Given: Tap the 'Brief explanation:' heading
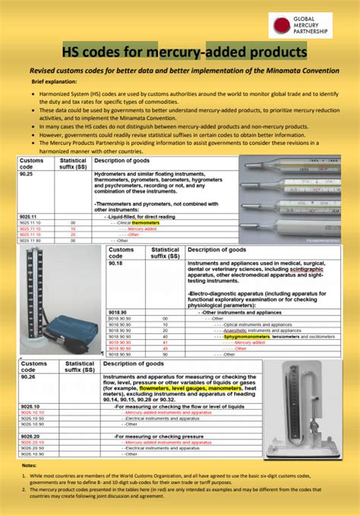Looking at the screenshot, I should [x=55, y=80].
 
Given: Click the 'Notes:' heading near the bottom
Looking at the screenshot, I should [x=29, y=465].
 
